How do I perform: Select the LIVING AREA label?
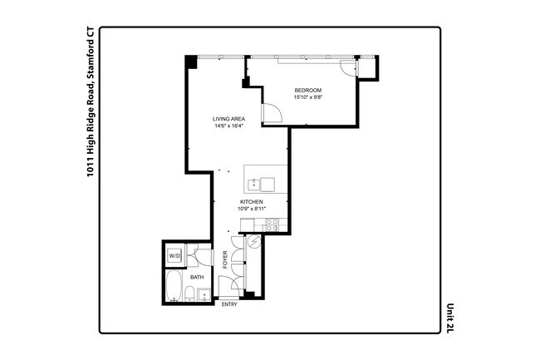pyautogui.click(x=228, y=119)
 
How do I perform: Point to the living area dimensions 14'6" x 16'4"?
pyautogui.click(x=228, y=127)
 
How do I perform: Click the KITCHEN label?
pyautogui.click(x=252, y=202)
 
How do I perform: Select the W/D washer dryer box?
pyautogui.click(x=174, y=256)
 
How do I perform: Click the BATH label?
pyautogui.click(x=197, y=277)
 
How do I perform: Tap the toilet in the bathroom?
pyautogui.click(x=190, y=293)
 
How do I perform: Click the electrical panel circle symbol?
pyautogui.click(x=254, y=243)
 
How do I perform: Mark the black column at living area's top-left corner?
pyautogui.click(x=190, y=62)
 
